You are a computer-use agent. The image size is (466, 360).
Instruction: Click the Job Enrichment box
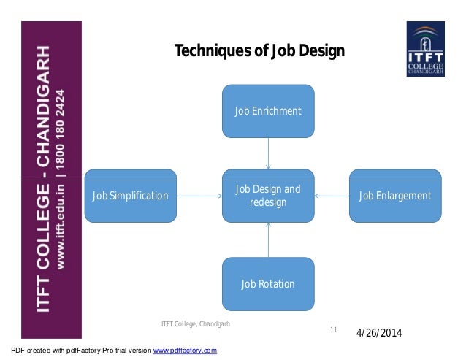268,111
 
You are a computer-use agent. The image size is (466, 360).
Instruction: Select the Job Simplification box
131,196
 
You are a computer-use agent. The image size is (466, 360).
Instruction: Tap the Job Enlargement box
395,196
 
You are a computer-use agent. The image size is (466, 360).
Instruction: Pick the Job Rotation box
268,283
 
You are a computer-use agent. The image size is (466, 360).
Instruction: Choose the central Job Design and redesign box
268,196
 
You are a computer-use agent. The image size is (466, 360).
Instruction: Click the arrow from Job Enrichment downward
268,153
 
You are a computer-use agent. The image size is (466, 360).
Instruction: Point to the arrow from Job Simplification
199,196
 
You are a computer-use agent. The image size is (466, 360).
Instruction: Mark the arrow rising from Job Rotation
268,240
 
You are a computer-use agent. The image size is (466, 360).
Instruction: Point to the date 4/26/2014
379,334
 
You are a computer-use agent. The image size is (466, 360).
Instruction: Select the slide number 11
333,331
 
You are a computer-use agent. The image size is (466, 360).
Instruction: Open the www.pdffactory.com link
184,351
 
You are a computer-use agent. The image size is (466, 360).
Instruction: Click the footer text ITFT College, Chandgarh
194,323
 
